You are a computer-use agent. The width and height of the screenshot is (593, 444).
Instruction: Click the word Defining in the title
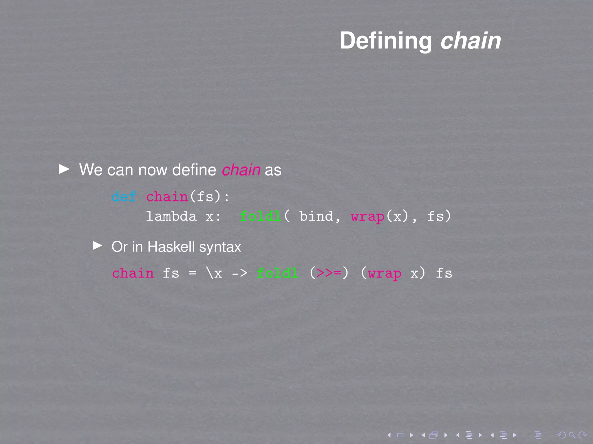click(x=385, y=41)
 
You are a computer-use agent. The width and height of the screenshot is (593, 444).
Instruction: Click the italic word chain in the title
click(x=471, y=41)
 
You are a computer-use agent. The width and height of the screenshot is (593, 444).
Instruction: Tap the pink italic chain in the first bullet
click(x=241, y=170)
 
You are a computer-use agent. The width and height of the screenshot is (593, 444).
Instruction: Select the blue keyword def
click(x=124, y=197)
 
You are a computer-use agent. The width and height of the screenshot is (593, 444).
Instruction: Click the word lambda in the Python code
click(x=171, y=217)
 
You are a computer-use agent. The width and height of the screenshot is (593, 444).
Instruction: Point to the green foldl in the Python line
click(x=260, y=217)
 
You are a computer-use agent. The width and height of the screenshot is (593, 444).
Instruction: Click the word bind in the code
click(x=316, y=217)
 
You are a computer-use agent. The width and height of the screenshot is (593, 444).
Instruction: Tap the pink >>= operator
click(x=329, y=273)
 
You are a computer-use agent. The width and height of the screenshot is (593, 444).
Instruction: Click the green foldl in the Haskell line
click(x=277, y=273)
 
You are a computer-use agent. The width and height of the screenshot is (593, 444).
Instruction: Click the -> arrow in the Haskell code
click(x=239, y=273)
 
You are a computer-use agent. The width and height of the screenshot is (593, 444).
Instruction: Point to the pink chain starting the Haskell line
click(x=133, y=273)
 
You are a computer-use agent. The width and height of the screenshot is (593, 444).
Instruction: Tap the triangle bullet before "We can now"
click(x=64, y=169)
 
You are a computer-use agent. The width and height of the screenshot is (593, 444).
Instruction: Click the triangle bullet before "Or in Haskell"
click(x=97, y=246)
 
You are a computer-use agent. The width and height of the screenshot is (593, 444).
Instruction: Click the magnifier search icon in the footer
click(x=572, y=435)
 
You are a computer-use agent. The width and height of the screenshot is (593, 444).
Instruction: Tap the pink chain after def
click(x=167, y=197)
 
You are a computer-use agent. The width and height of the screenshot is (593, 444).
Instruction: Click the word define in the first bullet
click(x=194, y=170)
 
